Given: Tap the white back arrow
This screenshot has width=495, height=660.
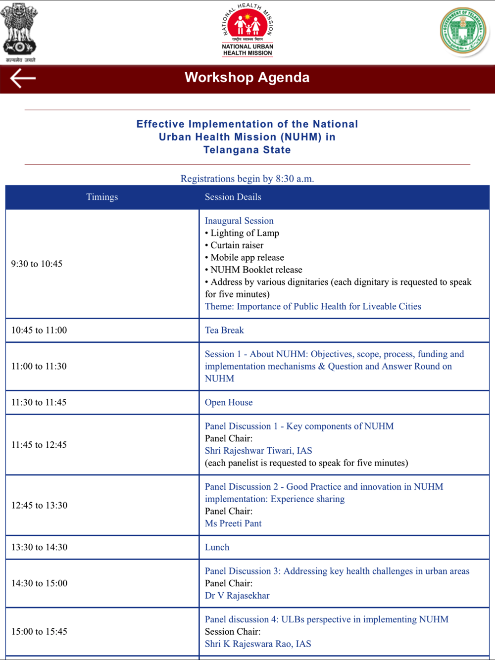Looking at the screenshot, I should [x=23, y=78].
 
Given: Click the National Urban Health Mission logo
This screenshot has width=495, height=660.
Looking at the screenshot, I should [x=247, y=30].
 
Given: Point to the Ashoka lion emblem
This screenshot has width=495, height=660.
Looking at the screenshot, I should [x=19, y=31].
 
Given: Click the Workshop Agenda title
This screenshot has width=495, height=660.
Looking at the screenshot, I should [x=247, y=78].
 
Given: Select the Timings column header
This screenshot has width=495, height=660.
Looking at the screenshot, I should [x=102, y=197].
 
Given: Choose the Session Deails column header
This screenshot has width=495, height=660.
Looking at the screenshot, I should [x=233, y=197].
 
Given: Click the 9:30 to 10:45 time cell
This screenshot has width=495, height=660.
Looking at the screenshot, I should [x=37, y=264].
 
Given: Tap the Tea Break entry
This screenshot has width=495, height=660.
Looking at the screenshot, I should [x=224, y=330].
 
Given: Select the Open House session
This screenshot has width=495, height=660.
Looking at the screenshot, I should [x=229, y=402].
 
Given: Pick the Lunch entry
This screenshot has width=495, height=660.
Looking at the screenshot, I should [x=217, y=547].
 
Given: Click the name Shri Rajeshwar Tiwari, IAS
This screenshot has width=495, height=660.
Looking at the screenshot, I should [x=258, y=451].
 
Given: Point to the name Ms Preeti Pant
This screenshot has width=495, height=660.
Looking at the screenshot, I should [x=233, y=523].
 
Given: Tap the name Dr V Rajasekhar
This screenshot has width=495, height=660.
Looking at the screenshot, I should [x=237, y=596].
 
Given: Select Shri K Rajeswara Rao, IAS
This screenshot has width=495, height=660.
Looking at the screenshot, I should [x=258, y=644].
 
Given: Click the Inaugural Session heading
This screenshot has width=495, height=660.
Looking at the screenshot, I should [x=239, y=221].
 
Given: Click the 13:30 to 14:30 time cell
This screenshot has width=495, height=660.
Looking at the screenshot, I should [x=40, y=547].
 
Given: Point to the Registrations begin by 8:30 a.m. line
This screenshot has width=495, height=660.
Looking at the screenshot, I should [x=247, y=179].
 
